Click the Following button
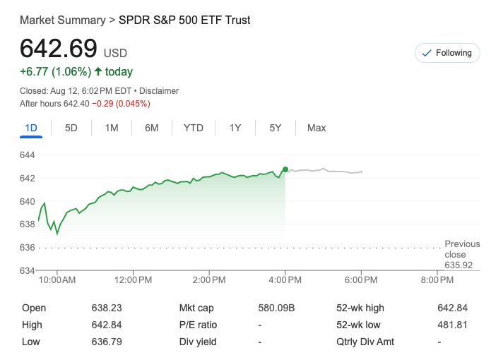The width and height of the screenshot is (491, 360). click(x=446, y=53)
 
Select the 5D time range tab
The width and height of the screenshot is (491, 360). click(x=71, y=128)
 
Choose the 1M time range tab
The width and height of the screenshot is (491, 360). click(x=112, y=128)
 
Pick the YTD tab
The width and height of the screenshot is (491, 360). click(x=193, y=128)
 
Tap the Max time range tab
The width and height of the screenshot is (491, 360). click(x=317, y=128)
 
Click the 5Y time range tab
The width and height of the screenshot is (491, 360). click(x=276, y=128)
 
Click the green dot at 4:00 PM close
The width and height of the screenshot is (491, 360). click(x=285, y=169)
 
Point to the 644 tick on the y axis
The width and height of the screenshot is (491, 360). click(x=28, y=155)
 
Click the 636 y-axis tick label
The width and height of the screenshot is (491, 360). click(x=28, y=247)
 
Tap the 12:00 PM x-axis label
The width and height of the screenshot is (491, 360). click(x=133, y=280)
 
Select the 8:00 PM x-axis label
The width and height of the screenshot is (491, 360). click(x=438, y=280)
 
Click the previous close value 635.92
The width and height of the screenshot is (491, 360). click(x=459, y=265)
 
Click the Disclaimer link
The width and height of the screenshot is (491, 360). click(x=159, y=91)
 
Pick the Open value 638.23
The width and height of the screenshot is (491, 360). click(x=107, y=308)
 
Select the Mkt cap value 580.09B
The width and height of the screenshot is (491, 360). click(x=277, y=308)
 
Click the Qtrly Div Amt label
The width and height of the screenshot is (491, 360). click(x=365, y=342)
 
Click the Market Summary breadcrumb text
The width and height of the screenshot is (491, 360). click(x=62, y=20)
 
